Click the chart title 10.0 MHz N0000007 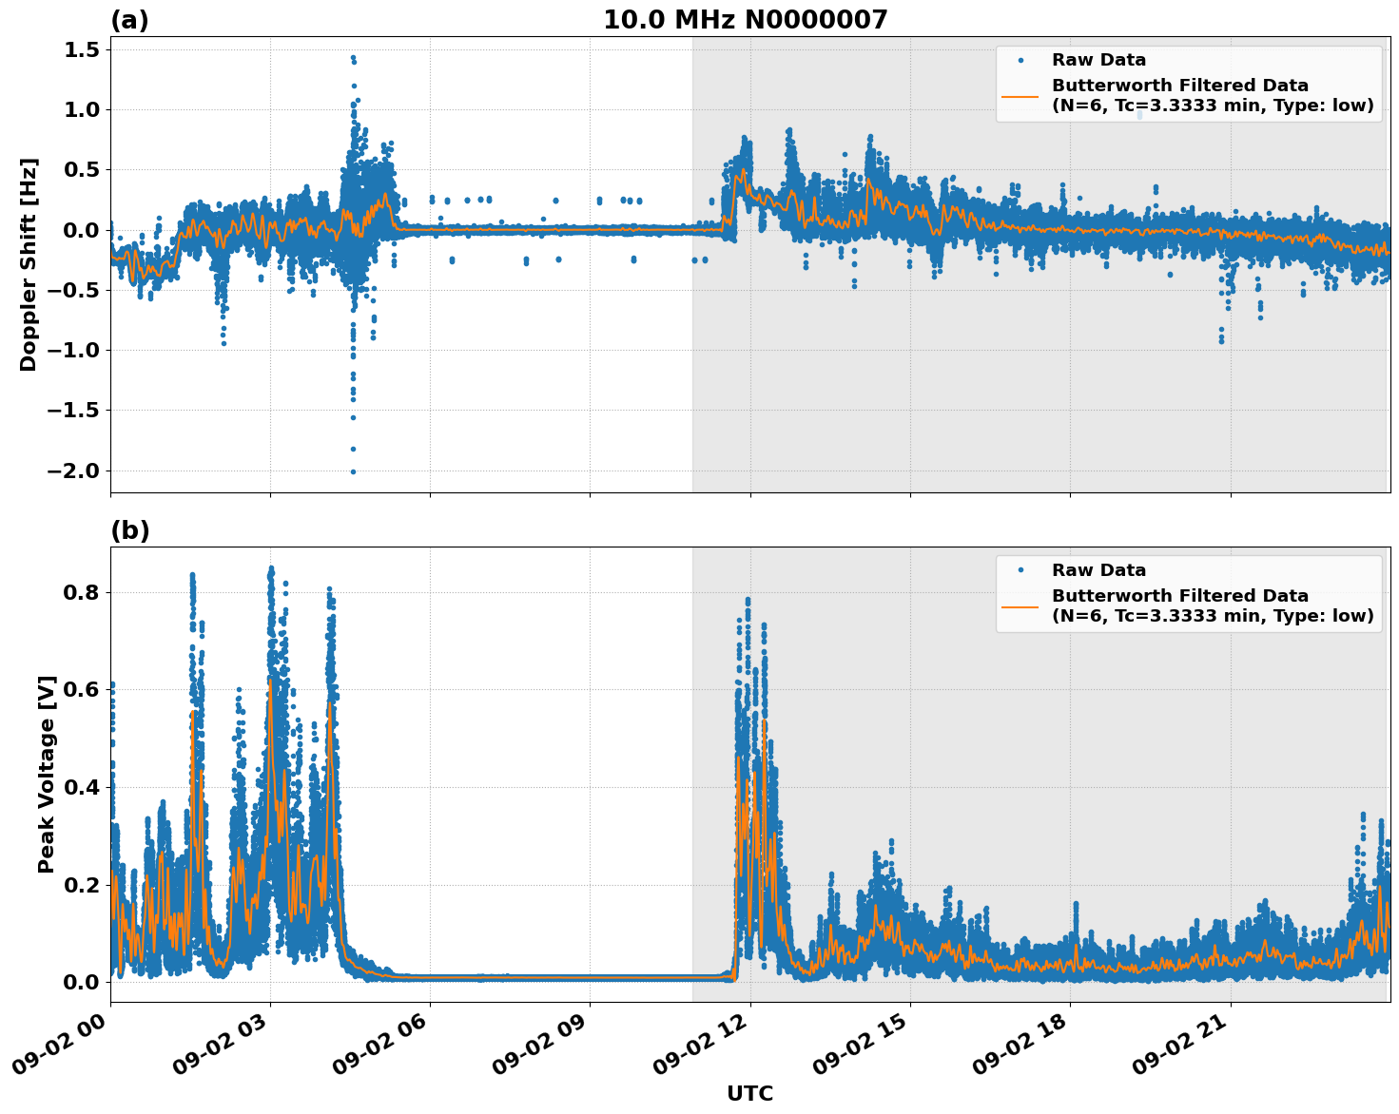pos(745,20)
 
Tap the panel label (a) pos(129,20)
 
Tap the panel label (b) pos(129,530)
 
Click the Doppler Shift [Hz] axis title pos(29,264)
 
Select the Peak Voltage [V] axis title pos(46,774)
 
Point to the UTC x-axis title pos(749,1093)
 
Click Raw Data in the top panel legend pos(1098,60)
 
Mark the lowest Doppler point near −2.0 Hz pos(353,471)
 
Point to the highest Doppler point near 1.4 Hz pos(352,57)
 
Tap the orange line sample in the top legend pos(1020,95)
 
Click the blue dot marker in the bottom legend pos(1020,570)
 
